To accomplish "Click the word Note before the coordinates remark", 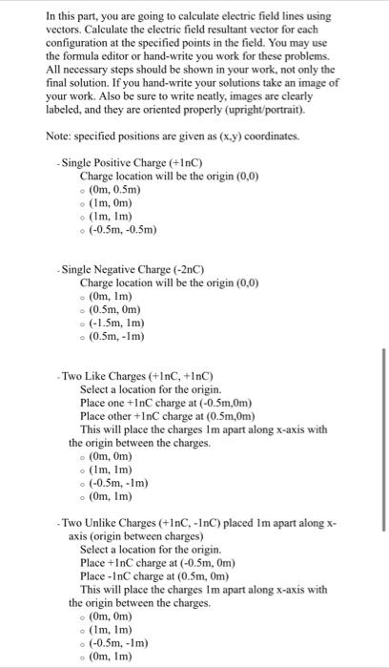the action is click(60, 136).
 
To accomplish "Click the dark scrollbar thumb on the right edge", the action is click(384, 458).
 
